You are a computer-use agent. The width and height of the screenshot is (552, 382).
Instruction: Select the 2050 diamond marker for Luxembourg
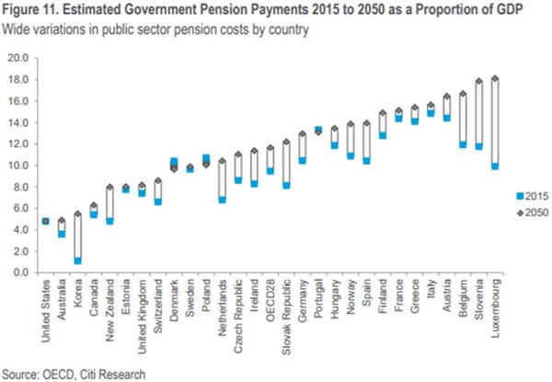click(x=496, y=79)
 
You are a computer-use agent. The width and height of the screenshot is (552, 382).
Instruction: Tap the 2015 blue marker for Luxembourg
click(x=496, y=166)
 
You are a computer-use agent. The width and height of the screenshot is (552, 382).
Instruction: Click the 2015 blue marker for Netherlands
click(x=222, y=199)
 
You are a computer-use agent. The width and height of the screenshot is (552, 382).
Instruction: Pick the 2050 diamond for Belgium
click(x=463, y=93)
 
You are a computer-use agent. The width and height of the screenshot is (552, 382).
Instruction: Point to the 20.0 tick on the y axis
click(x=19, y=58)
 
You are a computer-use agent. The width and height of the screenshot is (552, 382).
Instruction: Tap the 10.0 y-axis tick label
click(x=19, y=166)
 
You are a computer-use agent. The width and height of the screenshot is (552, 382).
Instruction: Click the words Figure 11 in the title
click(x=28, y=11)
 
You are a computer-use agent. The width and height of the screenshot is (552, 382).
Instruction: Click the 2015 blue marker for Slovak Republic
click(x=287, y=185)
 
